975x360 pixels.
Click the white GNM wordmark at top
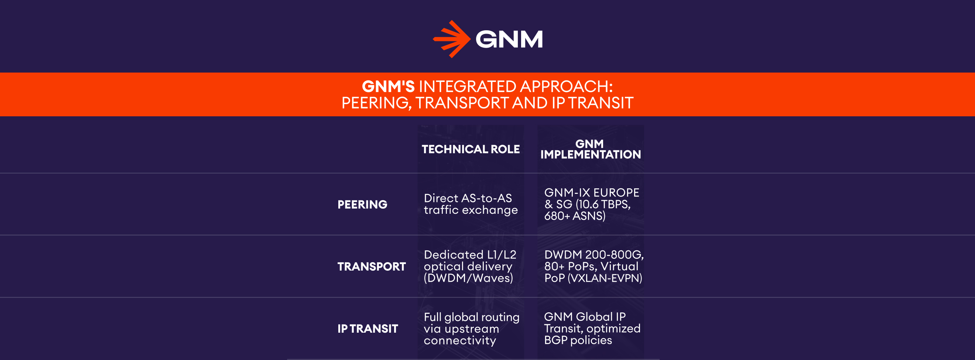tap(509, 40)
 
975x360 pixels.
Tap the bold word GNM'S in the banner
tap(388, 87)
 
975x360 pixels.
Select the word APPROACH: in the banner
tap(566, 87)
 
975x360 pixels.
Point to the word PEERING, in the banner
tap(376, 103)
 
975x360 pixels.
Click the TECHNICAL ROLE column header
tap(471, 149)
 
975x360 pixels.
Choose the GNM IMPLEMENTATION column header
tap(591, 149)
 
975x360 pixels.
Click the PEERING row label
tap(362, 205)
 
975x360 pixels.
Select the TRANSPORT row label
tap(371, 267)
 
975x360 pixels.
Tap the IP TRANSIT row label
tap(367, 329)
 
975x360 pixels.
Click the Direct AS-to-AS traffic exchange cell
tap(471, 204)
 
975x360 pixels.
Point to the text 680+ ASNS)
tap(575, 216)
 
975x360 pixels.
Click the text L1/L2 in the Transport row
tap(502, 255)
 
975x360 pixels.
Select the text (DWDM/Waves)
tap(468, 278)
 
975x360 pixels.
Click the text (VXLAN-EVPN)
tap(605, 278)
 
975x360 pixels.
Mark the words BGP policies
tap(578, 340)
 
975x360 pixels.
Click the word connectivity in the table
tap(459, 341)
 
